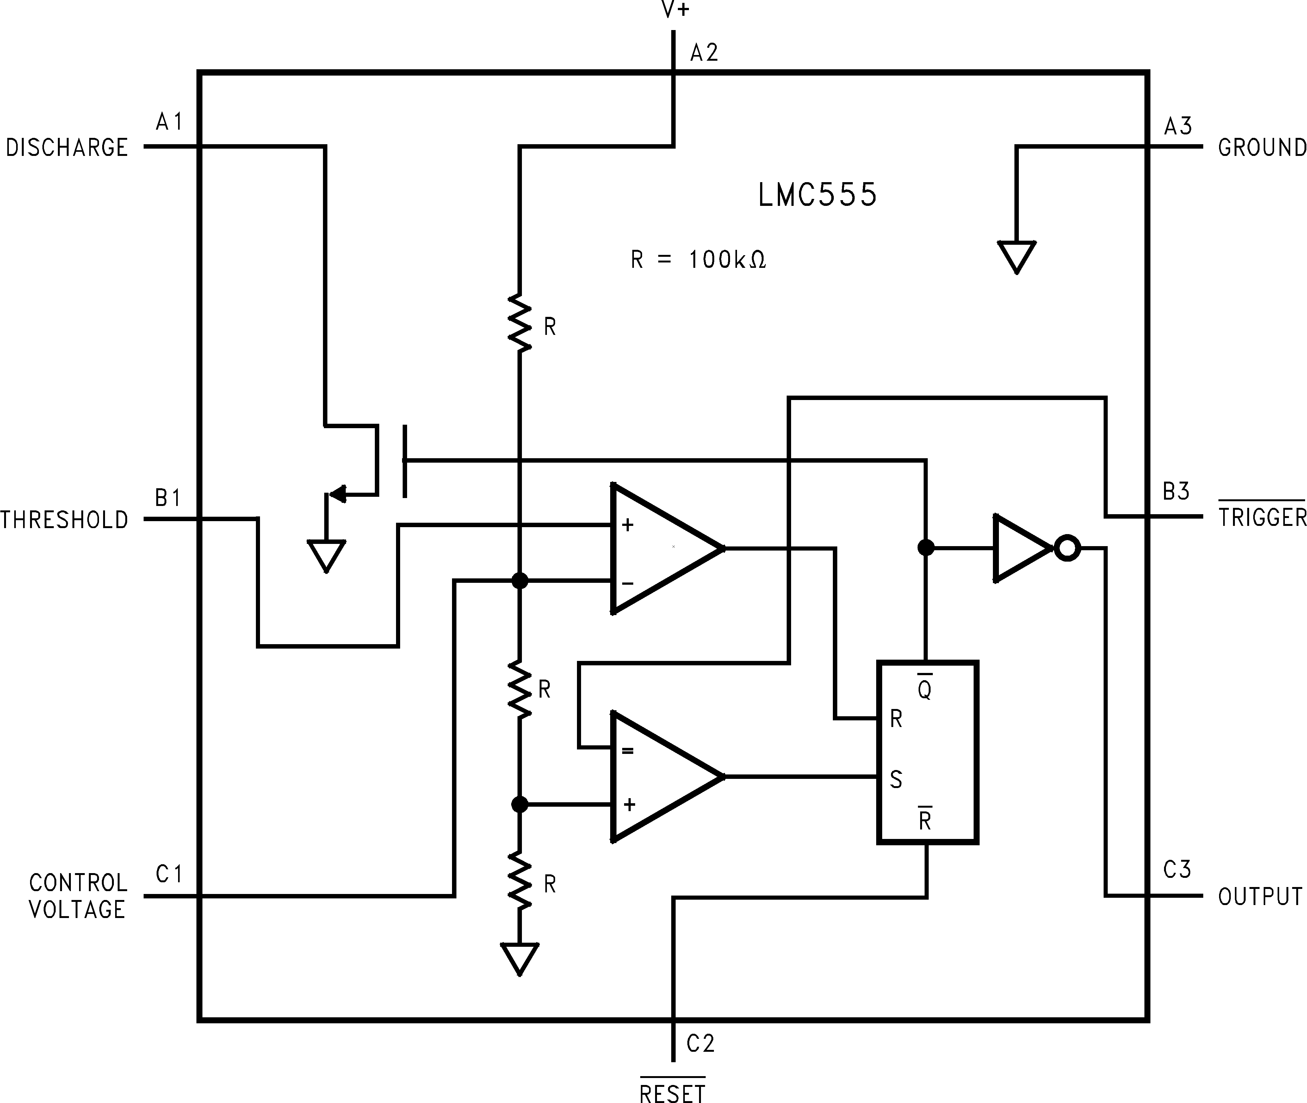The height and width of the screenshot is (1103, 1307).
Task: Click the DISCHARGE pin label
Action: click(67, 148)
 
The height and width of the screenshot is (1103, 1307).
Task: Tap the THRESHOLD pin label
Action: click(65, 520)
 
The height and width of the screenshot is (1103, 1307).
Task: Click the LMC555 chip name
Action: click(817, 195)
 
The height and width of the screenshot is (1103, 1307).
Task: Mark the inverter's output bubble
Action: click(1067, 548)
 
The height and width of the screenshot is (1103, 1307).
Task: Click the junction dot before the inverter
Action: click(926, 548)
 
